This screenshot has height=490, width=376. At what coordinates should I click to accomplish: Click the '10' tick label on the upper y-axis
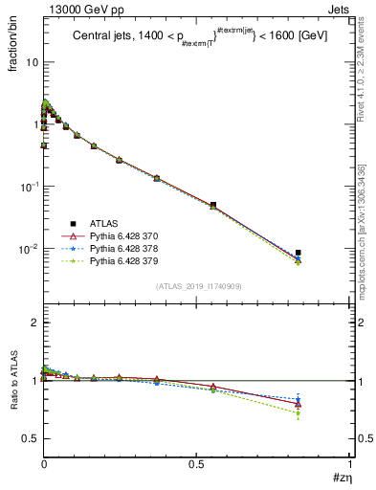(x=31, y=62)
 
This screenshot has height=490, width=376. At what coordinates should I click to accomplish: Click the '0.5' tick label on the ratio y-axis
(x=31, y=438)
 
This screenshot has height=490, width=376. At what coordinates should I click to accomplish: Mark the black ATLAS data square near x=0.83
(x=299, y=253)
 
